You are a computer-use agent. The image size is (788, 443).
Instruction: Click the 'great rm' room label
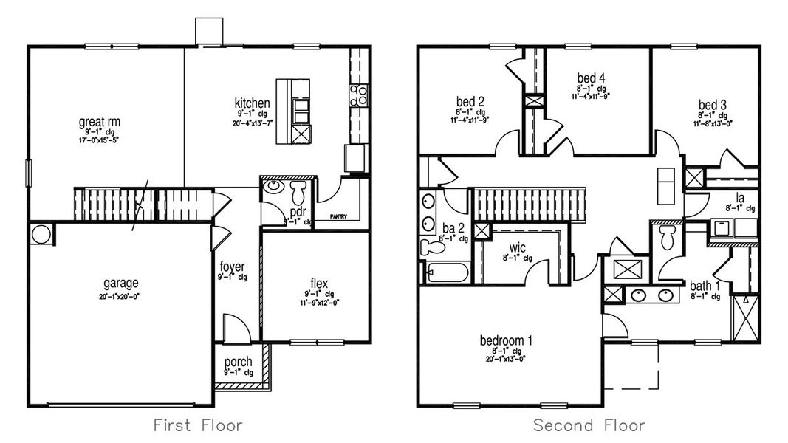tap(100, 121)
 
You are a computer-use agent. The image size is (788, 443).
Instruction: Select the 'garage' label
tap(120, 283)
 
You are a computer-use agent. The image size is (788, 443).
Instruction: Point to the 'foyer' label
tap(231, 267)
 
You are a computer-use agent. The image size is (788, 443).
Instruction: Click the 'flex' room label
tap(319, 283)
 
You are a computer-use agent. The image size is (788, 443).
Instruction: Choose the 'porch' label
tap(238, 363)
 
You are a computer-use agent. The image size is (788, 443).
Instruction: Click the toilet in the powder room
tap(299, 194)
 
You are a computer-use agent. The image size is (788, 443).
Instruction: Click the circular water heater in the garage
tap(41, 235)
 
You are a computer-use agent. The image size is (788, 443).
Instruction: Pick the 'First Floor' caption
tap(197, 425)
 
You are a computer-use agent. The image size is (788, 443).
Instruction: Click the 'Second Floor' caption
tap(589, 425)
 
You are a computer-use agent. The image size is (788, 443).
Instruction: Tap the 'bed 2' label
tap(470, 102)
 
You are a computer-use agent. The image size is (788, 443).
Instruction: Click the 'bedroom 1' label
tap(506, 340)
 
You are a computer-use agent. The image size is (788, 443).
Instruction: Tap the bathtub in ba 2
tap(447, 272)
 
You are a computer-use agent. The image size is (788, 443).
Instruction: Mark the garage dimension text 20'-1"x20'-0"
tap(120, 295)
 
